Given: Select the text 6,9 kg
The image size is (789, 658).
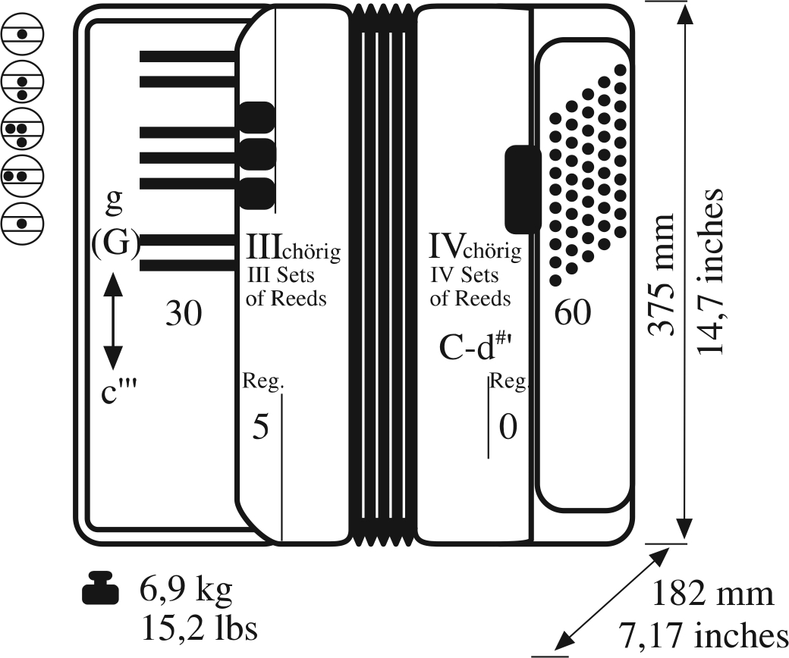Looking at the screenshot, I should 186,587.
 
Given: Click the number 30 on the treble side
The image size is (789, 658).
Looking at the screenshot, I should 185,313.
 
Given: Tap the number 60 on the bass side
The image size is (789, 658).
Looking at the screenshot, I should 572,312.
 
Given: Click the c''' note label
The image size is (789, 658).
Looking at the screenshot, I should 121,393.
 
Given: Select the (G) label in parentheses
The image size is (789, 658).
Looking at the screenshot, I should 115,243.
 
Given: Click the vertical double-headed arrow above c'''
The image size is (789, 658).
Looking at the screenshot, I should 112,321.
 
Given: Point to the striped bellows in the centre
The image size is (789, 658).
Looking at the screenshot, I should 382,273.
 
